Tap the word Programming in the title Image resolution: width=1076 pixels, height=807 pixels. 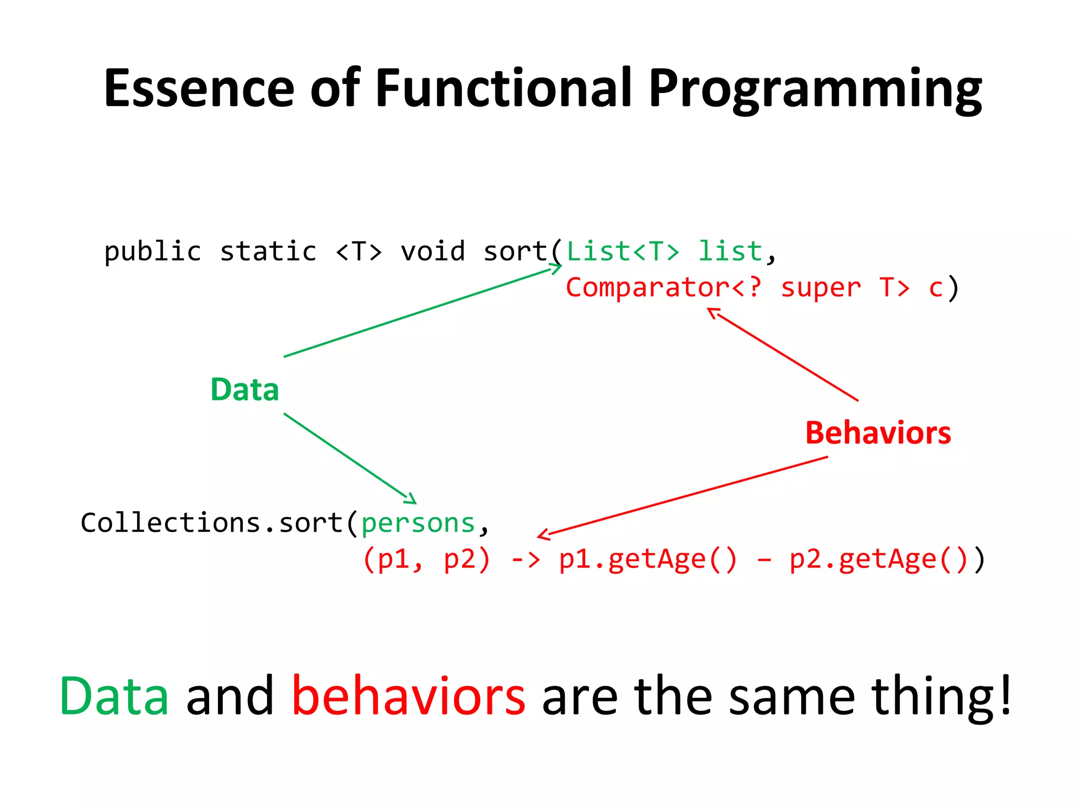pos(814,89)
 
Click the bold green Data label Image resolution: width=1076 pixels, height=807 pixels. pos(244,390)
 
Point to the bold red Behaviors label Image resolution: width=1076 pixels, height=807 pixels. pos(878,433)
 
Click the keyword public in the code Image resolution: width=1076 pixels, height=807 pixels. pos(152,252)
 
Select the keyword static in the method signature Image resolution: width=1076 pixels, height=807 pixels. pos(268,251)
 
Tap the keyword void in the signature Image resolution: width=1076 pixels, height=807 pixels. pos(432,251)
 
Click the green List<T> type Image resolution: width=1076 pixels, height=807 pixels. pos(623,251)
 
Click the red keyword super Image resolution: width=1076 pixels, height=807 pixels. pos(821,288)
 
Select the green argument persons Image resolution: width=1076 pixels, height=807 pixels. pos(418,523)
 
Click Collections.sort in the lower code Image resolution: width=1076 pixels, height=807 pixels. pos(211,523)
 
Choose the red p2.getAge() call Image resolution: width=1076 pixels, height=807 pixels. pos(878,560)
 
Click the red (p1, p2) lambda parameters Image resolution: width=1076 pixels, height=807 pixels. pos(426,559)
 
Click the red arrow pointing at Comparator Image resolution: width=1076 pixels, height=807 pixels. pos(783,355)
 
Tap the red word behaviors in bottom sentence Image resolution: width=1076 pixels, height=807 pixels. pos(408,696)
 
